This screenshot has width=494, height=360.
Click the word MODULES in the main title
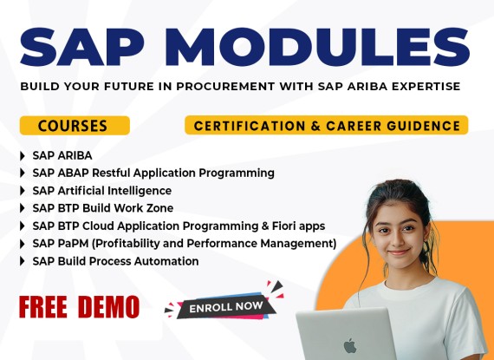321,48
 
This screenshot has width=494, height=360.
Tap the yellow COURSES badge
75,126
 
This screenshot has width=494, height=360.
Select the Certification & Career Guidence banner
327,125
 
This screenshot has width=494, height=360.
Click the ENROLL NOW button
226,307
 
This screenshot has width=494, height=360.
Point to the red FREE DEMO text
79,307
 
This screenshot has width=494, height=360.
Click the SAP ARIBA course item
62,155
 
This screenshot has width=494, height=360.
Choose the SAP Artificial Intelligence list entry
102,191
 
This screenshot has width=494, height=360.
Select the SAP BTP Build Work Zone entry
103,208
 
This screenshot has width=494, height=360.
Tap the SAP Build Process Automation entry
115,261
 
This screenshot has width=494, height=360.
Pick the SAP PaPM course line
185,244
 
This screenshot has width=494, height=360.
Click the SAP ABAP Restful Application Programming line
153,173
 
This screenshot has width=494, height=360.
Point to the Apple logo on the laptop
350,346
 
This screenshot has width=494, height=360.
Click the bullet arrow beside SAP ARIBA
23,156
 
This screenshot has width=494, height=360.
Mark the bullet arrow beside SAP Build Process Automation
23,261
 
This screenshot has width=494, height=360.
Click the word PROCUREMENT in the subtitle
225,86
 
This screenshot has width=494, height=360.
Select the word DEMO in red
108,307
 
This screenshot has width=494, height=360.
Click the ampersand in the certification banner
315,126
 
